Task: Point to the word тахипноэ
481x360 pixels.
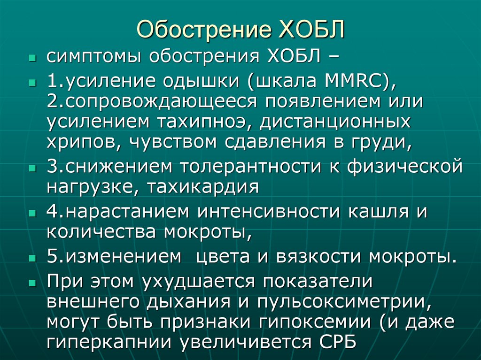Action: pos(202,122)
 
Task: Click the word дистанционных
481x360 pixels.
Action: pos(335,122)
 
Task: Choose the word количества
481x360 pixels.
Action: pos(101,231)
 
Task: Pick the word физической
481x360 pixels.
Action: pos(404,166)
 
